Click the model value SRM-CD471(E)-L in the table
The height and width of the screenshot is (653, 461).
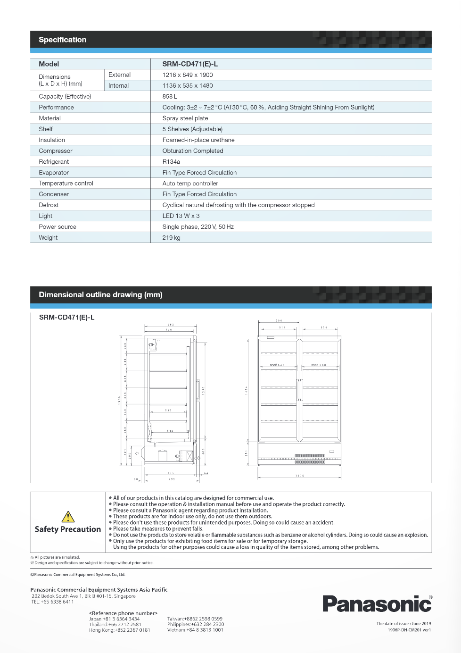pos(190,64)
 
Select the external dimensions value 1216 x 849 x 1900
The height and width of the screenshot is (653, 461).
pos(188,75)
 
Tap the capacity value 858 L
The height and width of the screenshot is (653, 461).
pos(170,96)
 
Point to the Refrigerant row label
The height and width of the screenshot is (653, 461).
pos(54,161)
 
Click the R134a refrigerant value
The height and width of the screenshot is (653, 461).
pos(171,161)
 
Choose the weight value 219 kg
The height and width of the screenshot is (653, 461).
pos(171,237)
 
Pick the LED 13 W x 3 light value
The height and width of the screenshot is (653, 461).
pos(181,216)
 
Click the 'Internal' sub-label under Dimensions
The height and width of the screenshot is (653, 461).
pos(118,85)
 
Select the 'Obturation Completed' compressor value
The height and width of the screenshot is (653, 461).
pos(193,151)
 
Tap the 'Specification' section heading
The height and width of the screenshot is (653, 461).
pos(63,40)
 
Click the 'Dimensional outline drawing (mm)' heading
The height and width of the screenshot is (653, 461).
pos(100,294)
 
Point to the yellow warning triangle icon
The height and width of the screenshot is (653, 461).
pos(68,517)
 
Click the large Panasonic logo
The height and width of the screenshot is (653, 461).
pos(377,604)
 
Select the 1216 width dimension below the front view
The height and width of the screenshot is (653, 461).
pos(299,476)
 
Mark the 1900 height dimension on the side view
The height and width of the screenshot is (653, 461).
pos(119,400)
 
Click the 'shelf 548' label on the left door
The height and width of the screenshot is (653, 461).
pos(277,365)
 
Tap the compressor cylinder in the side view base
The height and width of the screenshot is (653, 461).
pos(163,456)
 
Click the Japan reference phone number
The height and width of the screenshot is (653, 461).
pos(115,619)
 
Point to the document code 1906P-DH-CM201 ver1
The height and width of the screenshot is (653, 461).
pos(409,630)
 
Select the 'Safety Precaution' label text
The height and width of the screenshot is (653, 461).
pos(68,529)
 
